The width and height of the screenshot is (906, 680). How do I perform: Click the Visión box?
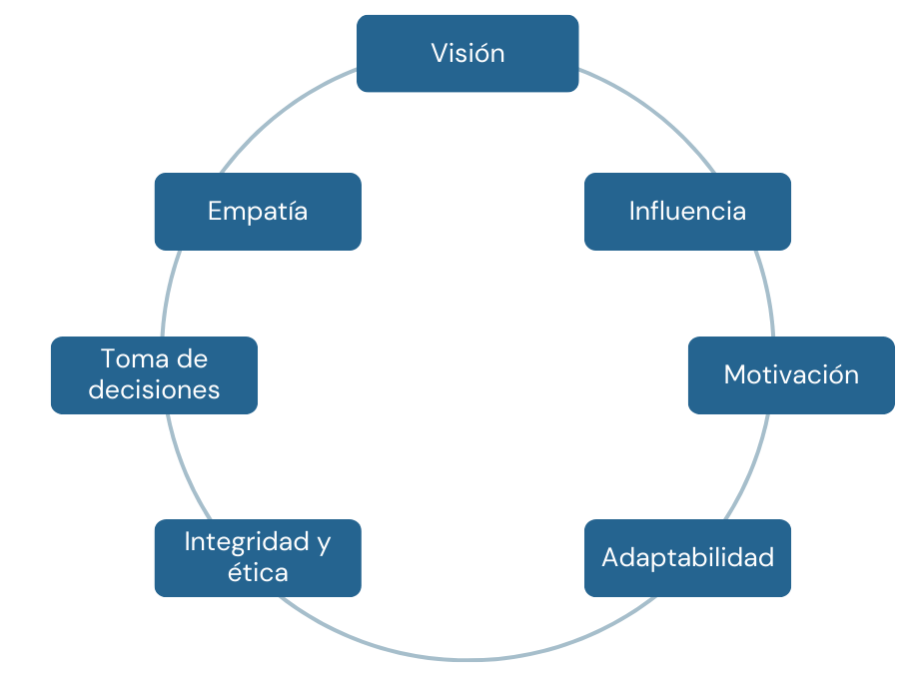tap(467, 53)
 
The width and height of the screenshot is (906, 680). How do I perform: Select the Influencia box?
tap(687, 211)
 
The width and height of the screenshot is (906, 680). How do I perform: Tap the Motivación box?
tap(791, 374)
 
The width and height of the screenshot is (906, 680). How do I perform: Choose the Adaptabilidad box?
tap(687, 557)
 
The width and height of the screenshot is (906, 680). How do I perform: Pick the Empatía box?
tap(258, 211)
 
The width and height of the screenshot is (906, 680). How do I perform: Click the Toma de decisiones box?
tap(154, 374)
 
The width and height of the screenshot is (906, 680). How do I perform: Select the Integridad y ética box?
tap(258, 557)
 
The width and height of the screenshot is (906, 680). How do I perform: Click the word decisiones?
tap(154, 389)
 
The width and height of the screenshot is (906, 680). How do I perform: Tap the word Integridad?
tap(246, 542)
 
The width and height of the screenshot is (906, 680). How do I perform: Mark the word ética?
tap(258, 572)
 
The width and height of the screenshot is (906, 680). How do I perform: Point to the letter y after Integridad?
tap(323, 543)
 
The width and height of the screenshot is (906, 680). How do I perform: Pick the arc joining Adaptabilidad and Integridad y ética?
tap(467, 659)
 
